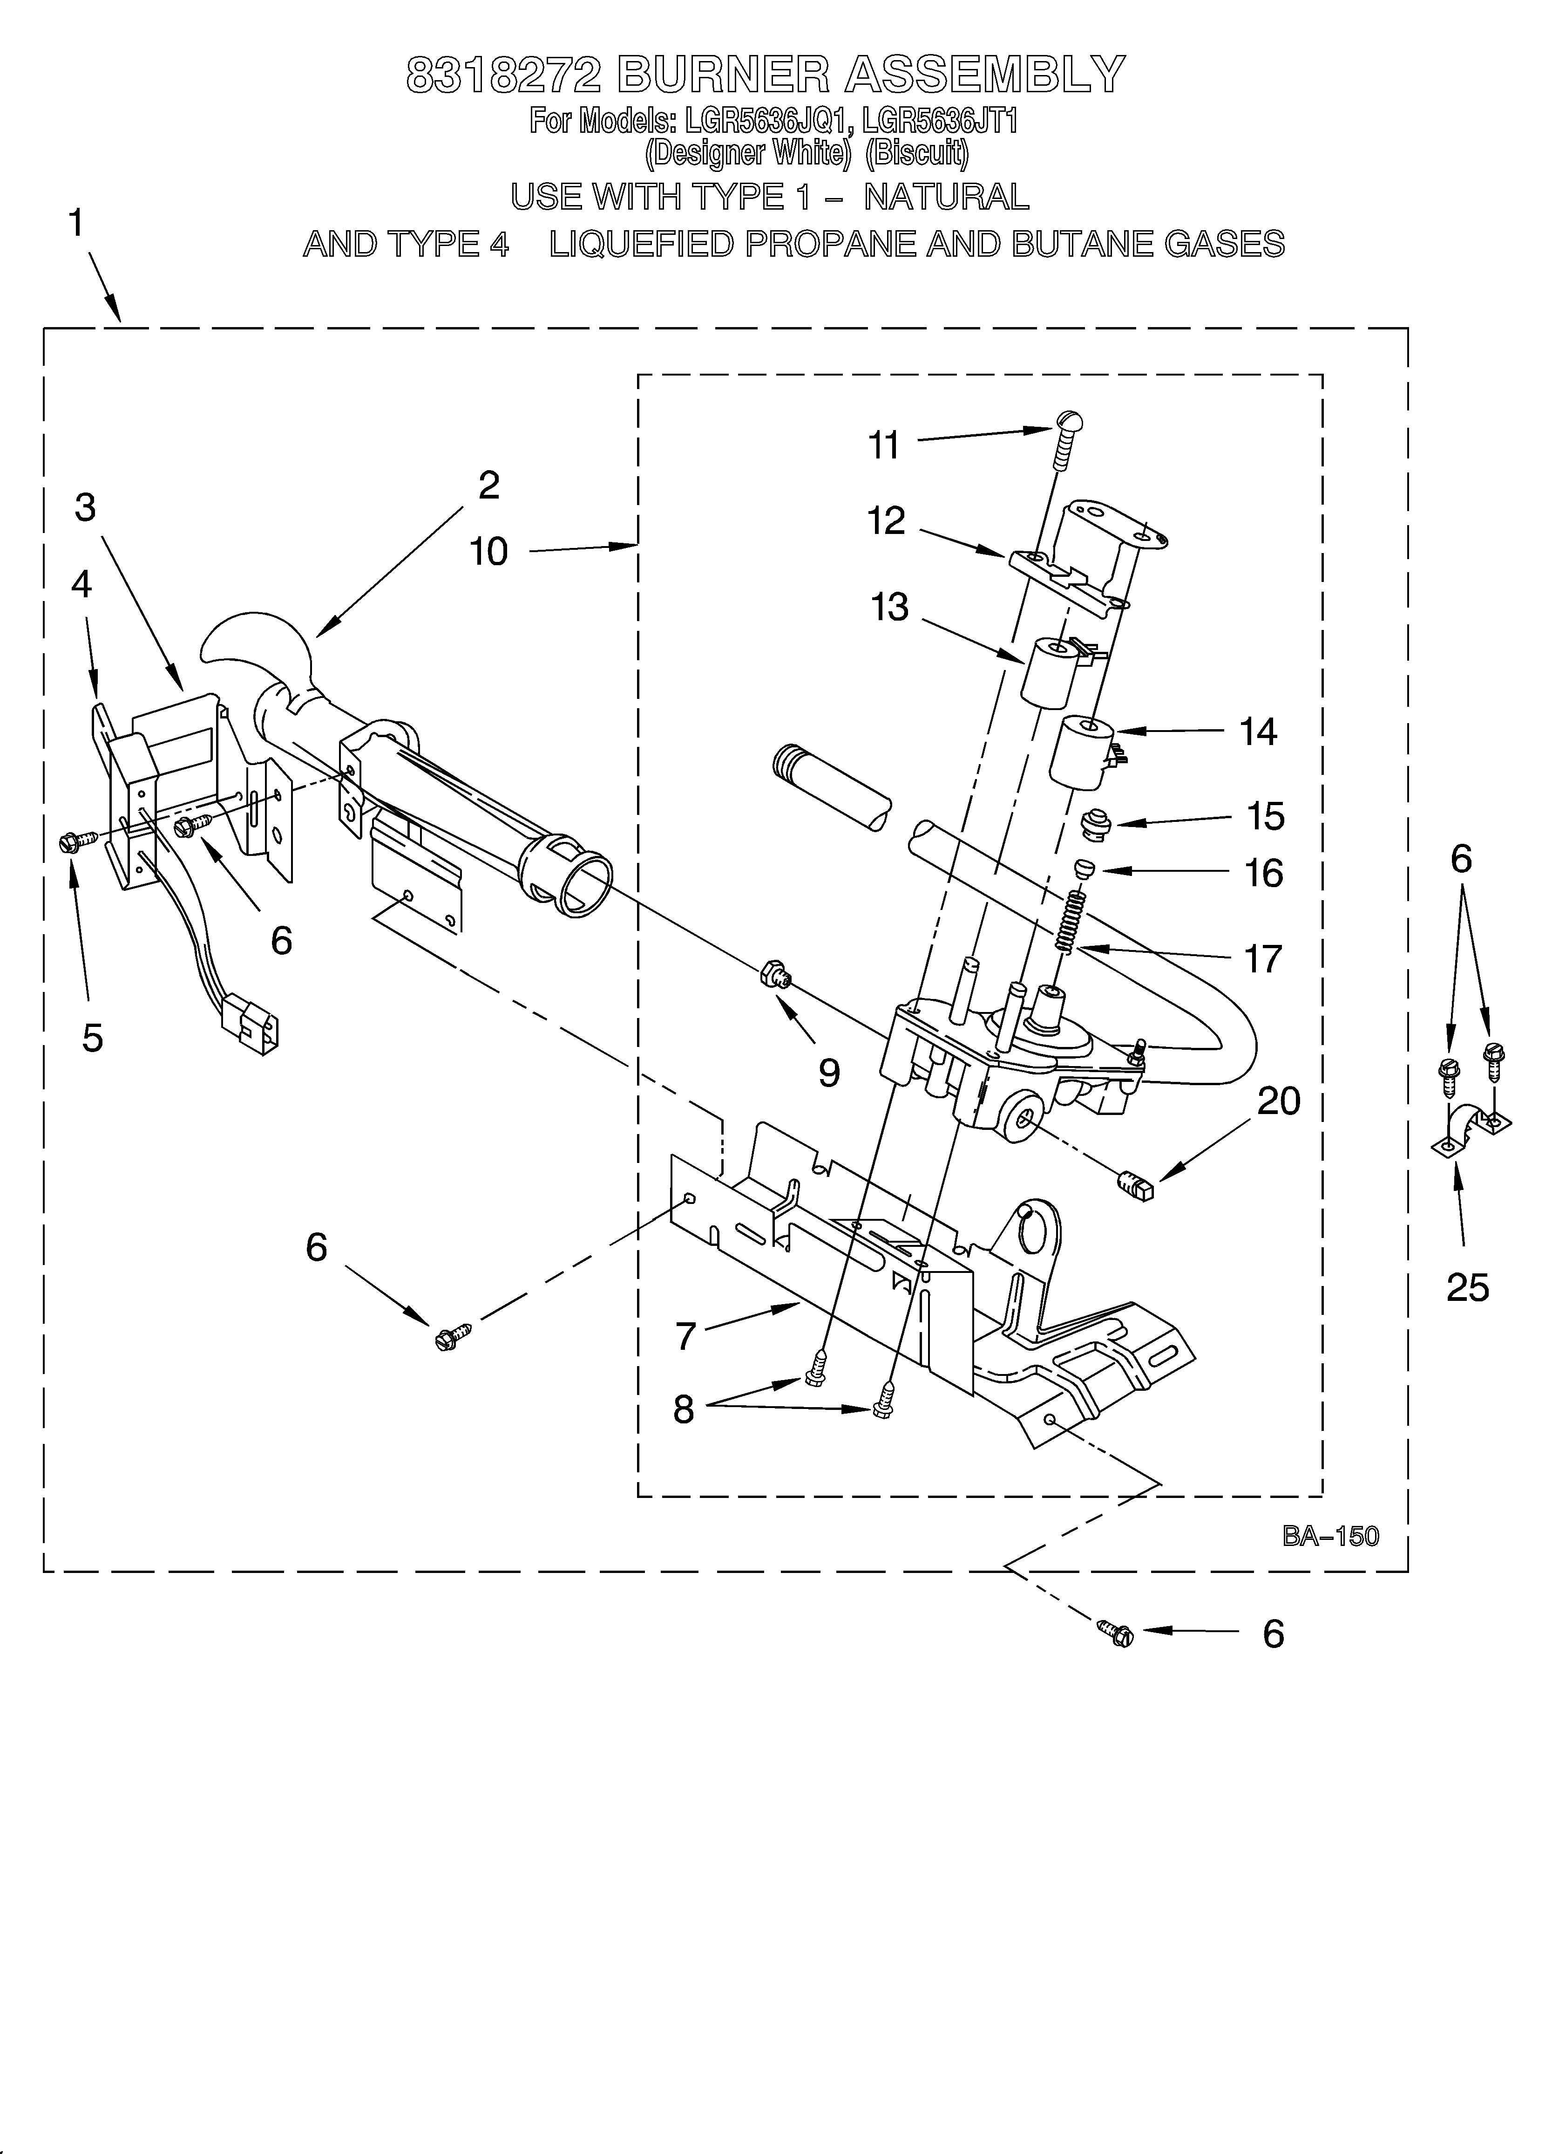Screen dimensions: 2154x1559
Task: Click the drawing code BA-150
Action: pos(1329,1536)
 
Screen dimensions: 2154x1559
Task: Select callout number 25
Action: pos(1467,1288)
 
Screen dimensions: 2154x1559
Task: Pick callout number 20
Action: pos(1278,1101)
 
